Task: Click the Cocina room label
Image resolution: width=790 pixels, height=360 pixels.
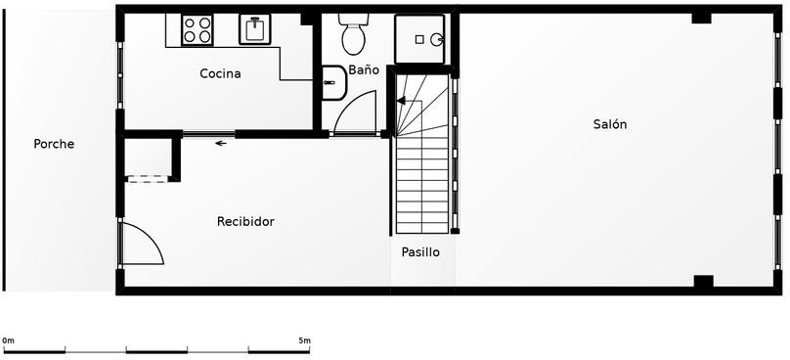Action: [x=220, y=73]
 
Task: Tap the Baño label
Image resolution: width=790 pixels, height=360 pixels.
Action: [x=364, y=70]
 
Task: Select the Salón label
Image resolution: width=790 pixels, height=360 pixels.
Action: [x=610, y=124]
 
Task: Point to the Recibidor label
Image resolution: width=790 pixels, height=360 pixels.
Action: [x=245, y=221]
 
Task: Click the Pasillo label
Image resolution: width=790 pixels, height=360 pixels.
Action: [x=420, y=252]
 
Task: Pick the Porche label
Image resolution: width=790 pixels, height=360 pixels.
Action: [x=54, y=144]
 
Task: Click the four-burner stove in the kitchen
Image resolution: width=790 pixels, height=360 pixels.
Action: [x=197, y=29]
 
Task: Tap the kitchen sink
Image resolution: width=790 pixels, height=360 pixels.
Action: [x=255, y=29]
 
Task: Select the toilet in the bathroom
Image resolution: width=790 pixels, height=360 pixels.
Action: [x=354, y=34]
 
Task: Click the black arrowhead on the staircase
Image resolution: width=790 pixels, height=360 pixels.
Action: [x=401, y=101]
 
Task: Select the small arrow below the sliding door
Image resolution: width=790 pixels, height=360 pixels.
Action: [x=221, y=144]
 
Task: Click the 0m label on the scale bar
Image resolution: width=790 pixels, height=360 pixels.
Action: [x=8, y=340]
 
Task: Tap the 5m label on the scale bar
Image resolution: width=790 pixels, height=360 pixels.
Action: [x=304, y=340]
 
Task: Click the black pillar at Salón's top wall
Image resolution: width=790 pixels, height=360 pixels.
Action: [x=701, y=19]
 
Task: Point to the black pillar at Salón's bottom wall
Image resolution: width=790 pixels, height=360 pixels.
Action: [x=703, y=282]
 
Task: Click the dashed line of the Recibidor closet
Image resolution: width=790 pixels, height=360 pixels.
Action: [x=148, y=179]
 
